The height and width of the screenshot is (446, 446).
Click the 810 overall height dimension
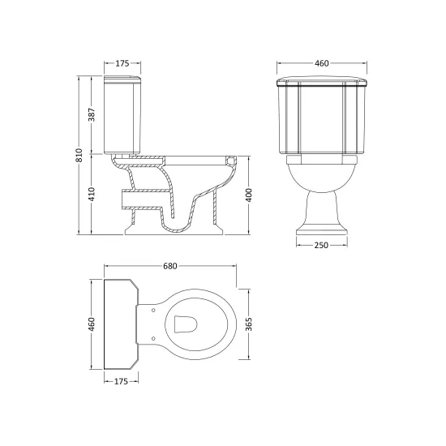coord(79,156)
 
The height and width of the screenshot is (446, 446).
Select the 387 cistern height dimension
coord(92,114)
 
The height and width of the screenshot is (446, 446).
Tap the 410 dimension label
coord(92,194)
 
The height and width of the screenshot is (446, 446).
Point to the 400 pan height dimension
coord(249,195)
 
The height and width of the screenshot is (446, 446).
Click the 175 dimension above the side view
coord(122,63)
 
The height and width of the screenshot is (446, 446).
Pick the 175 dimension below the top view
coord(122,381)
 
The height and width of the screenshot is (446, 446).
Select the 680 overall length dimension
coord(170,266)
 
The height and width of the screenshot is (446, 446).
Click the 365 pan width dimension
coord(249,324)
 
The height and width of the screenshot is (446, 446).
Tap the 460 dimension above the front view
coord(322,63)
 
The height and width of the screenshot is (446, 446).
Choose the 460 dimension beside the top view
coord(92,324)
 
